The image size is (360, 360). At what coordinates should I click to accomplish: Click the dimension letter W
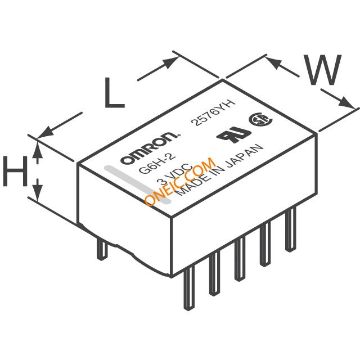coord(322,70)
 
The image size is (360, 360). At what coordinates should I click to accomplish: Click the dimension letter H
coord(15,171)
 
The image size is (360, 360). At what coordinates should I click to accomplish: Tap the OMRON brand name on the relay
coord(150,148)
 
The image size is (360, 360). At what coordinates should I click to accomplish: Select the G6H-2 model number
coord(157,164)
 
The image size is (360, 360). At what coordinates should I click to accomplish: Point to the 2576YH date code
coord(215,112)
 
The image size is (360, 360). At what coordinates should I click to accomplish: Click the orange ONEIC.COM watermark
coord(181,181)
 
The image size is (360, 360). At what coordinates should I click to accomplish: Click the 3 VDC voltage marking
coord(175,174)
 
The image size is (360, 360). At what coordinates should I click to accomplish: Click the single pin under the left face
coord(102,249)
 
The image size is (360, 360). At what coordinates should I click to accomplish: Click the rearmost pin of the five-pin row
coord(290,229)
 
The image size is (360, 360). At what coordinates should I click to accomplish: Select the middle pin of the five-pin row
coord(240,259)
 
